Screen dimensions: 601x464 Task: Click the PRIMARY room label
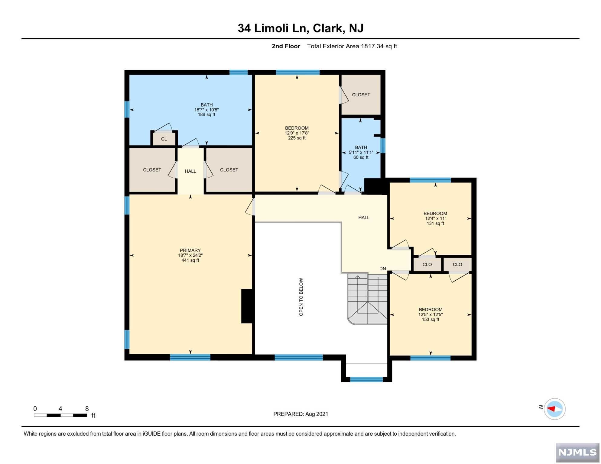pyautogui.click(x=190, y=250)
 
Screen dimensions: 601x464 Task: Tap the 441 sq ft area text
pyautogui.click(x=190, y=260)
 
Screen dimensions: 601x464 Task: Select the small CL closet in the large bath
pyautogui.click(x=164, y=139)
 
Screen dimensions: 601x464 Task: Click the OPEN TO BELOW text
pyautogui.click(x=301, y=297)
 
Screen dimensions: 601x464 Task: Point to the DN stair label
pyautogui.click(x=383, y=269)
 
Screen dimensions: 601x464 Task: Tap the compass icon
pyautogui.click(x=554, y=409)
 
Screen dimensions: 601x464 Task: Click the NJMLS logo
pyautogui.click(x=577, y=453)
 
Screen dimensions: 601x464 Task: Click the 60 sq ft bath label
pyautogui.click(x=361, y=157)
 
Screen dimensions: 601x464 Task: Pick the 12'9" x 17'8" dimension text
pyautogui.click(x=297, y=133)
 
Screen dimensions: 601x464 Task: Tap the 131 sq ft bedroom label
pyautogui.click(x=435, y=224)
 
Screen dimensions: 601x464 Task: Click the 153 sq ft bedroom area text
pyautogui.click(x=430, y=320)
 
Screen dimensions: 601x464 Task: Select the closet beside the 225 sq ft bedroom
pyautogui.click(x=361, y=95)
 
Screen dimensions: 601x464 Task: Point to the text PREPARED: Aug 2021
pyautogui.click(x=301, y=414)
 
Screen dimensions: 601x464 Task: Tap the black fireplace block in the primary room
pyautogui.click(x=247, y=306)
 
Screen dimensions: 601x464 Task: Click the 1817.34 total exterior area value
pyautogui.click(x=372, y=46)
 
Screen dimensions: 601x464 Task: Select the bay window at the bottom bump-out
pyautogui.click(x=366, y=379)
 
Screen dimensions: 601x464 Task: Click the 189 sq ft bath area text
pyautogui.click(x=207, y=114)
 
